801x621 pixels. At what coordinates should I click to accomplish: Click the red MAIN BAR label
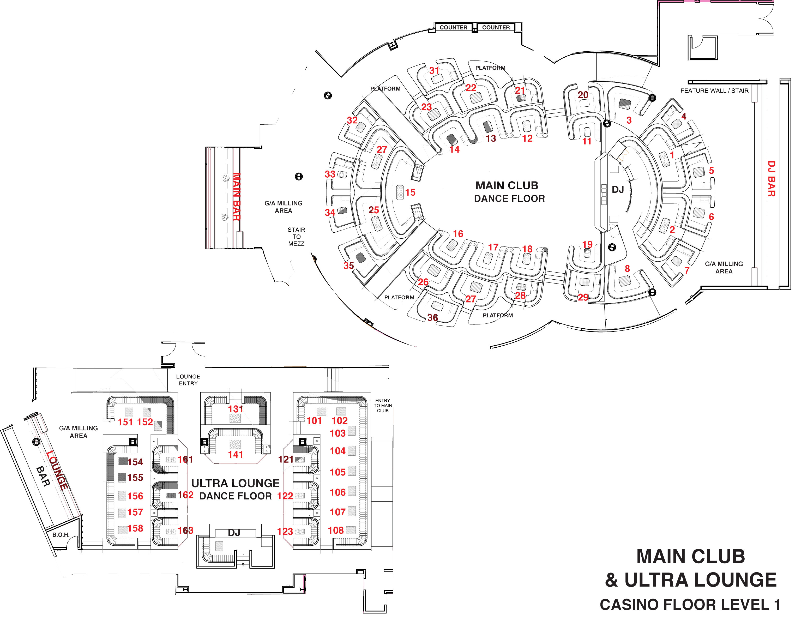pos(237,197)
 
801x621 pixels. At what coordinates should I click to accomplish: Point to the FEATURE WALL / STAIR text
pos(714,91)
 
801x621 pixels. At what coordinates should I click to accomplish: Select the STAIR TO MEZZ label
pos(296,237)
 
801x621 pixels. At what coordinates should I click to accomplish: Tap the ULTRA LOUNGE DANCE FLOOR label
pos(236,489)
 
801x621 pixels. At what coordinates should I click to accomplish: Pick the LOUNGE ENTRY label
pos(188,380)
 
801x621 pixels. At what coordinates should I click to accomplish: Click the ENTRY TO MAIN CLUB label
pos(383,406)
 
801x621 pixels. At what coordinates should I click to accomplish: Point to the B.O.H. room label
pos(61,535)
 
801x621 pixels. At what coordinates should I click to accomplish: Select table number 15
pos(410,192)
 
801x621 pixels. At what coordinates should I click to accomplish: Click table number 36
pos(432,317)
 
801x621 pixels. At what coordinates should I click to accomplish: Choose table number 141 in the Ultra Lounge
pos(236,455)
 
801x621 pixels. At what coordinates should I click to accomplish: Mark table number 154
pos(135,462)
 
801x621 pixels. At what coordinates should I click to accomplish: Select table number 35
pos(348,265)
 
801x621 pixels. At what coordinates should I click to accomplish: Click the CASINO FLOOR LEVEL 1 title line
pos(690,605)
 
